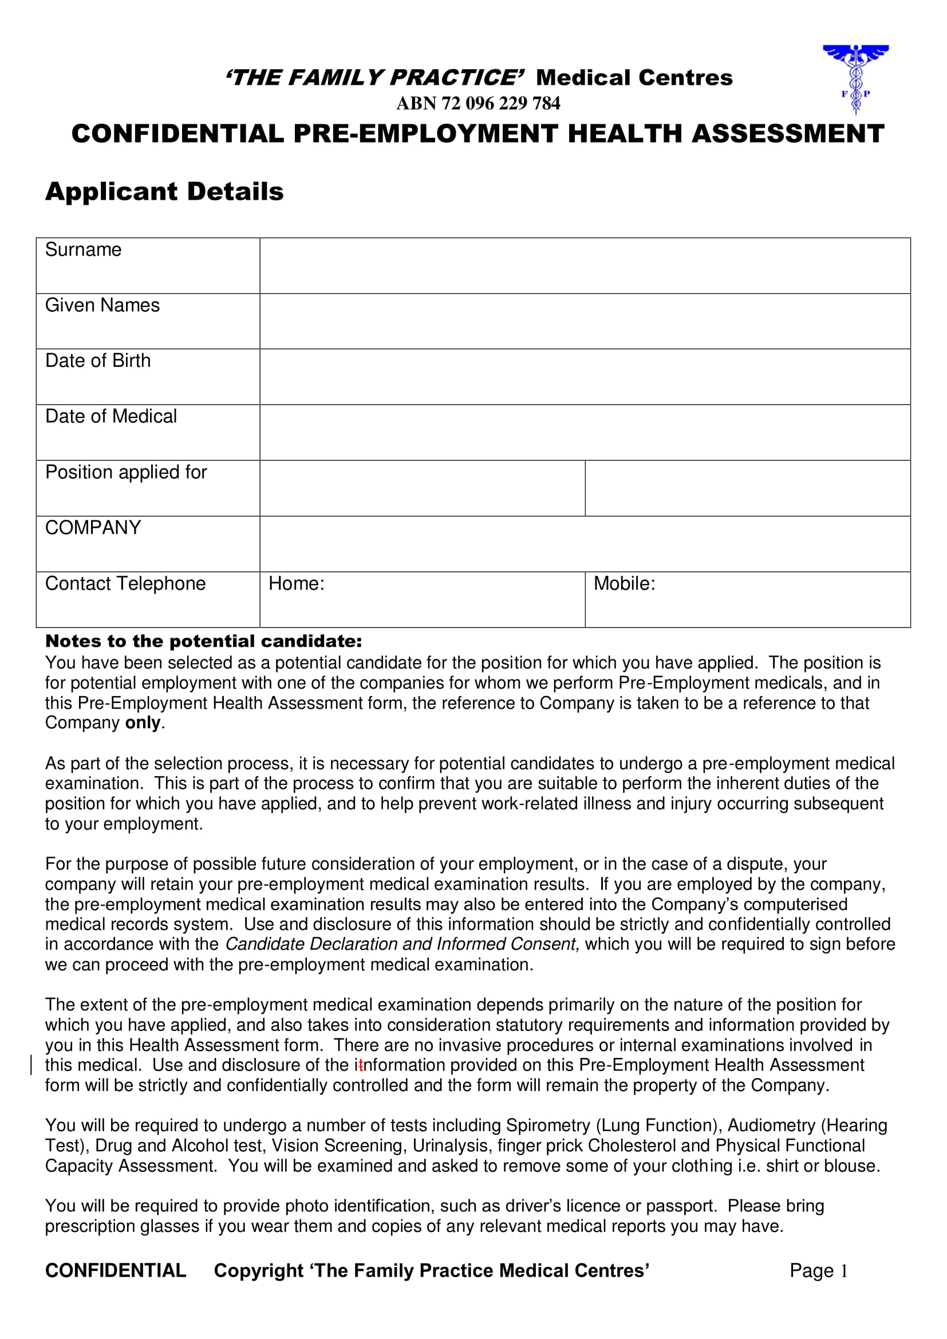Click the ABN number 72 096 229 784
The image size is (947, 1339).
coord(478,103)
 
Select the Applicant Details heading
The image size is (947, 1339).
coord(164,192)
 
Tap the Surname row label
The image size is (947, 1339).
coord(84,250)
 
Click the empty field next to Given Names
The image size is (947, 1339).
coord(585,321)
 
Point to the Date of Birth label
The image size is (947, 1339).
coord(98,361)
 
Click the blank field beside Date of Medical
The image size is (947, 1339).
coord(585,432)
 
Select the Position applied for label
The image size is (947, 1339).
coord(126,472)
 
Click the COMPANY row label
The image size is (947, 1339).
coord(93,527)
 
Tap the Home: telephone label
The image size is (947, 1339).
coord(296,583)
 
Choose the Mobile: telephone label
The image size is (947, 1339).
coord(625,583)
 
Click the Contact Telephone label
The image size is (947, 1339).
coord(125,583)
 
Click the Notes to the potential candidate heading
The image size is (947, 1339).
coord(203,641)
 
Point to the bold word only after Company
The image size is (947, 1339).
coord(143,722)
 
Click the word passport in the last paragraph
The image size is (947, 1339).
coord(680,1206)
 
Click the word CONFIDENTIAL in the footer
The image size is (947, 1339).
coord(116,1270)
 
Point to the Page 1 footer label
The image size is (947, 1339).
coord(819,1270)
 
